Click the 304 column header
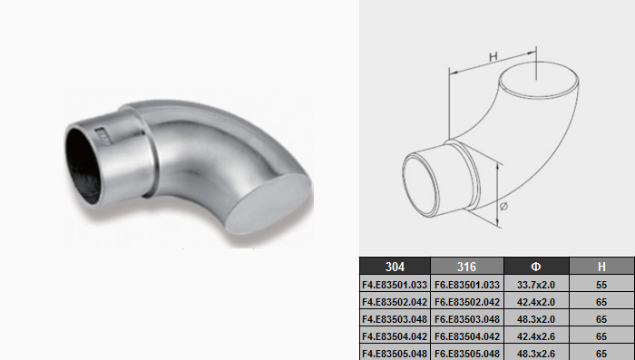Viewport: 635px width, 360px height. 395,267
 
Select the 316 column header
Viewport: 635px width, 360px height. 466,267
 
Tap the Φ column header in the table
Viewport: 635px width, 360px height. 536,267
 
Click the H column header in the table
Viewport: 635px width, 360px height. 601,267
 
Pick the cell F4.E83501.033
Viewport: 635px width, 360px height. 395,285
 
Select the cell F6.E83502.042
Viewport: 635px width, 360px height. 467,302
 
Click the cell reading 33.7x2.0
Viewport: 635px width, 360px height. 536,285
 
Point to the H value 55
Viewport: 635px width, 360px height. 601,285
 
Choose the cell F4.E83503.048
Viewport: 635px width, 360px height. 395,319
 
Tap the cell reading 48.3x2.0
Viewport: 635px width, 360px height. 536,319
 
